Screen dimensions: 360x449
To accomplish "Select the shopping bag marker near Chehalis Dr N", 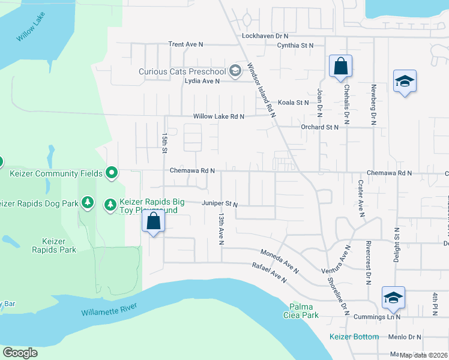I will click(340, 67).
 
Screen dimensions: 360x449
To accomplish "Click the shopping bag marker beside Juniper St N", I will click(154, 221).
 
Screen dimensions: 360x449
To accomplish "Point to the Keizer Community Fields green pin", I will click(112, 173).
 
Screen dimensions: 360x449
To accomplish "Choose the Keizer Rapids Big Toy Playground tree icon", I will click(110, 205).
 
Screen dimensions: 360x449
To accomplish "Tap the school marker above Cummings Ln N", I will click(393, 297).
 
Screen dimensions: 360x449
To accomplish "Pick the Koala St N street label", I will click(293, 103).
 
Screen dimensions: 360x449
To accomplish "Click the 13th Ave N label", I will click(221, 228).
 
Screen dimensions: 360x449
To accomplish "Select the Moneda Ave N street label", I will click(280, 261).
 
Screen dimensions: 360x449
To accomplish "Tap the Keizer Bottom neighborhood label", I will click(354, 337).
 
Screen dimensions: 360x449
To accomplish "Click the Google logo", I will click(20, 353).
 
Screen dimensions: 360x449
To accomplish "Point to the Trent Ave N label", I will click(186, 44).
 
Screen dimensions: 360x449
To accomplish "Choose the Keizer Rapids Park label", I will click(54, 245).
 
